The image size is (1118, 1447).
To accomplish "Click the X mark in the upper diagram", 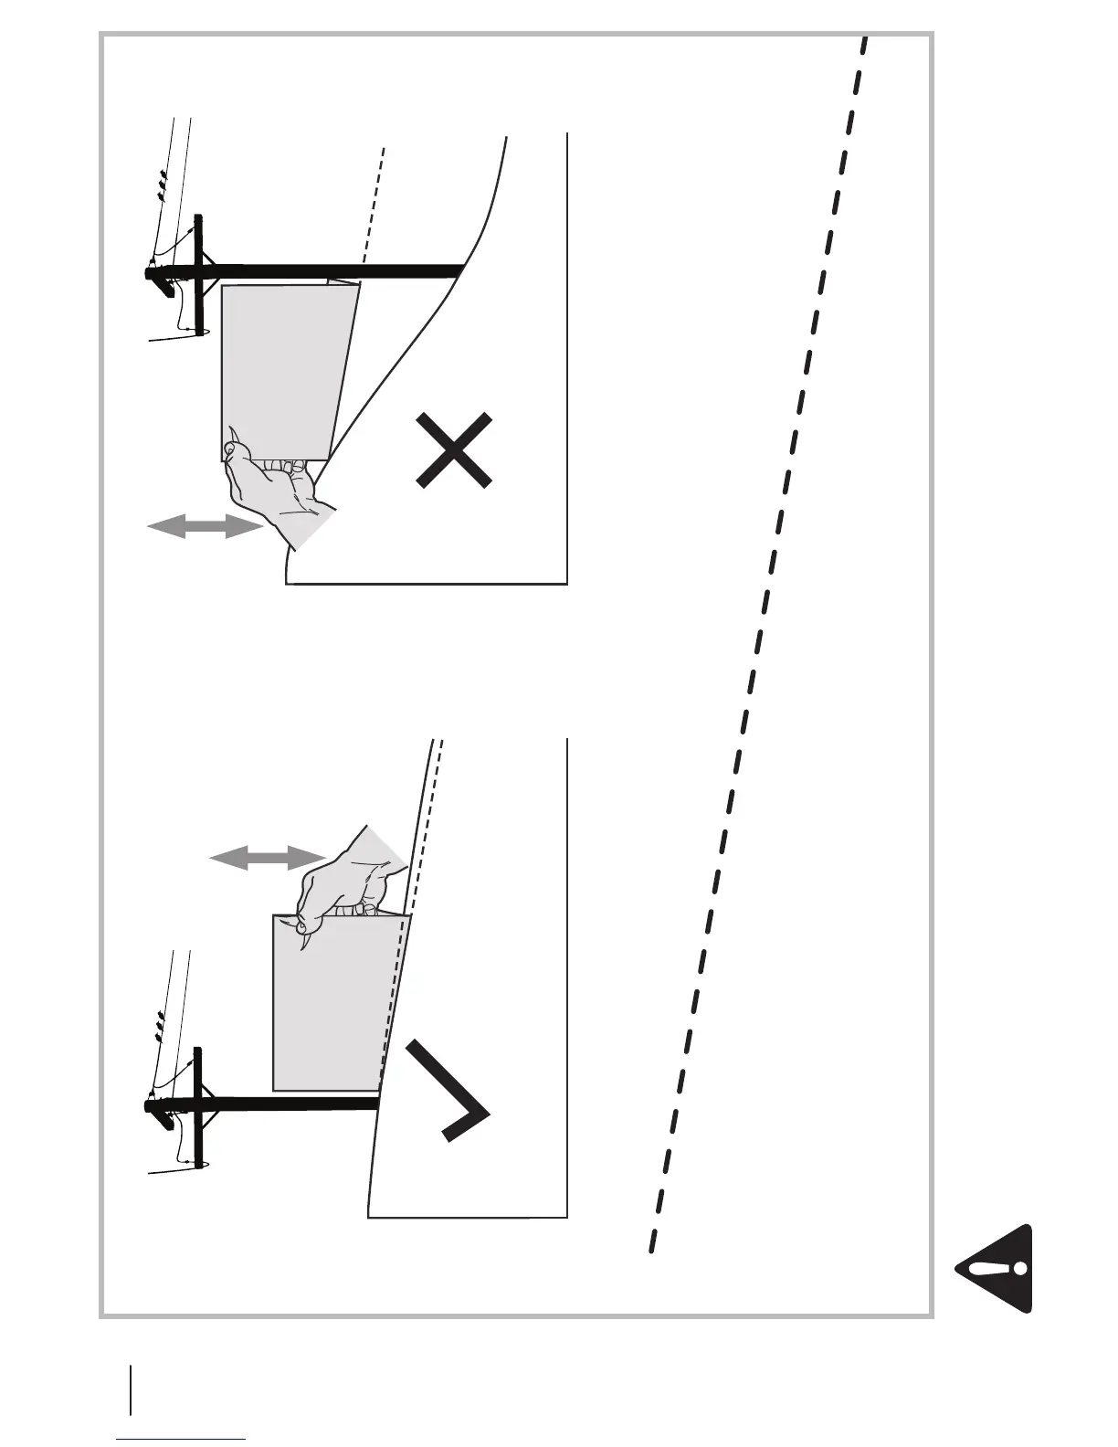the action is coord(454,449).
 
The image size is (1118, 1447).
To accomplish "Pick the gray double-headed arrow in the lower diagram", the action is coord(267,857).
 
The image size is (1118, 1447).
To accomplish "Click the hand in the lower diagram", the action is coord(352,877).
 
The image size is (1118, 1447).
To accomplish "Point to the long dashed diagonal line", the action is coord(758,639).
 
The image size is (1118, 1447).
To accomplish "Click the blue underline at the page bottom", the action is coord(182,1439).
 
